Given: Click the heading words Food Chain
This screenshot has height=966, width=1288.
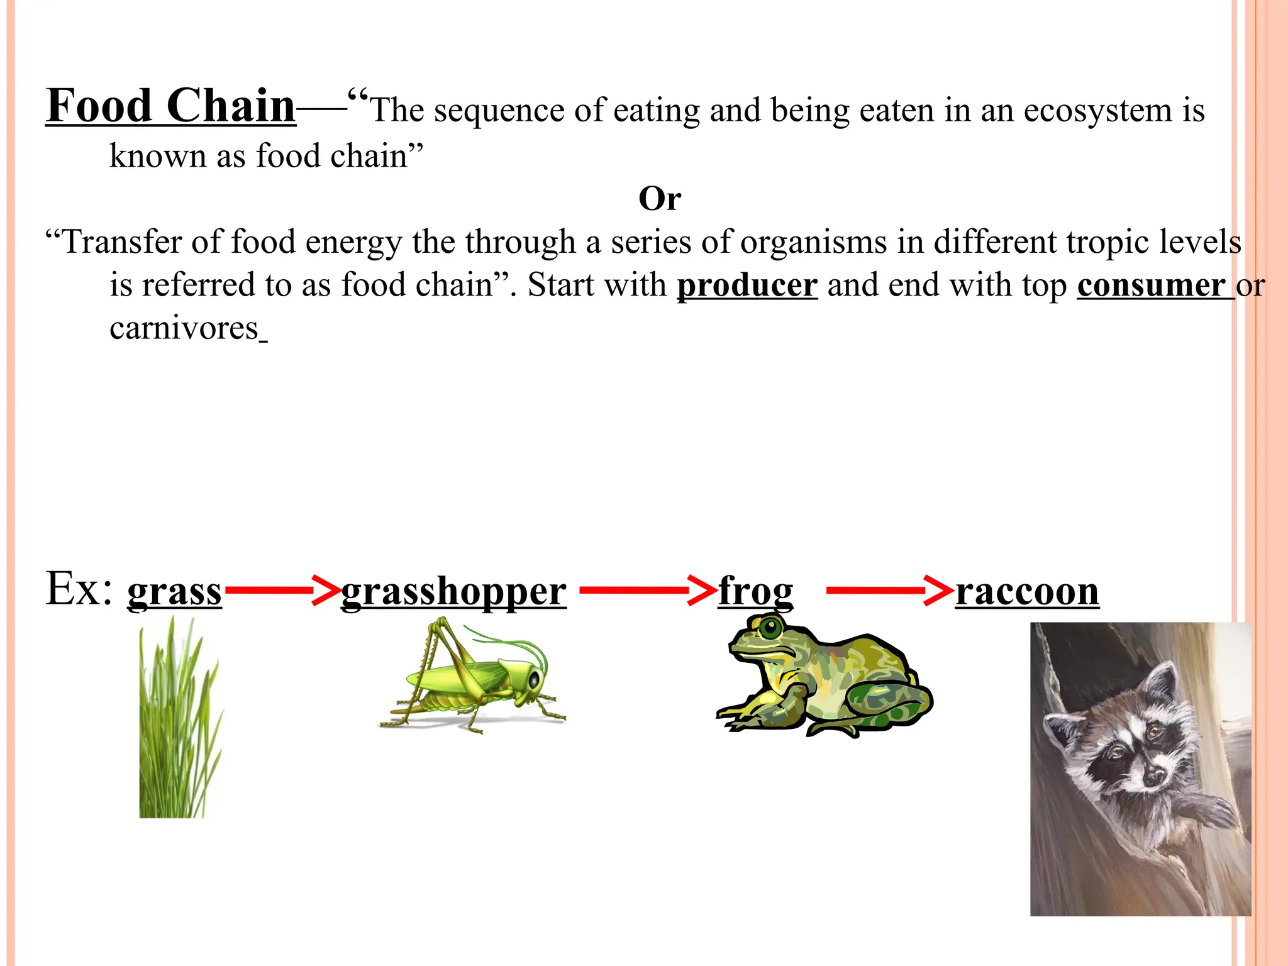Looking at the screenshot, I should pos(170,106).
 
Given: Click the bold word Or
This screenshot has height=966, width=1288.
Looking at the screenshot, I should pos(659,199).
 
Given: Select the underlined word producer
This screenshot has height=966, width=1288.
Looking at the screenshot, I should pos(747,286).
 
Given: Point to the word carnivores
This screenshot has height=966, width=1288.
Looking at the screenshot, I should pos(184,328).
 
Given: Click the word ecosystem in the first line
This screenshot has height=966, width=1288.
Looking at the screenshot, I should pos(1097,111).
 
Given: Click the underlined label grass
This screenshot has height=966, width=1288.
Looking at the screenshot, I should pos(174,592).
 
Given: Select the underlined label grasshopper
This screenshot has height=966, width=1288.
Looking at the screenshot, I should pos(453,592).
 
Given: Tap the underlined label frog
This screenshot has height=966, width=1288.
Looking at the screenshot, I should pos(755,592).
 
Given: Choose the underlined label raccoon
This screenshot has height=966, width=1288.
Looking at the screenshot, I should pos(1027,592).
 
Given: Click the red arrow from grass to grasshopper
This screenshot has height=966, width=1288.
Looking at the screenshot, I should pos(282,590).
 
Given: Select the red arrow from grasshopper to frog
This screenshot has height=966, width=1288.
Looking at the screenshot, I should pos(648,590).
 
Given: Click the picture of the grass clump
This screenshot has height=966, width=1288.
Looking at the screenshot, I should pos(179,723).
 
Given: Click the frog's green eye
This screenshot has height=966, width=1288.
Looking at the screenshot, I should pos(769,627).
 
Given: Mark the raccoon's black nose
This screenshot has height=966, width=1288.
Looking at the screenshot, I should pos(1153,777).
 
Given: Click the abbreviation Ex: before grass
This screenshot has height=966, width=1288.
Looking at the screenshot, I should pos(79,589).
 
